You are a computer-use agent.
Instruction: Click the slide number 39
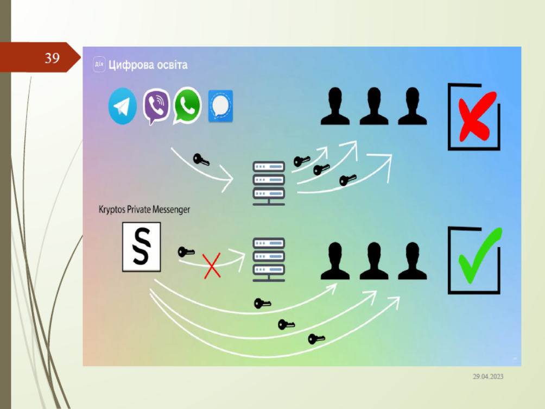coord(52,58)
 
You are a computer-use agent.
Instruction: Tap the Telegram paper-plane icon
coord(123,106)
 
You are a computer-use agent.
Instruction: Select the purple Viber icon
coord(156,106)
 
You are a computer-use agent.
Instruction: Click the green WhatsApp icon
coord(187,105)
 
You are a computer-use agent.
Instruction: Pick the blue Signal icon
coord(220,106)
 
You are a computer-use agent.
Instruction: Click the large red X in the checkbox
coord(476,116)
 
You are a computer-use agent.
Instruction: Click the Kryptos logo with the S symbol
coord(141,249)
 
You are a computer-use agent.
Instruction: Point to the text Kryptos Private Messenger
coord(144,209)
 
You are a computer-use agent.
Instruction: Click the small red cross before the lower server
coord(212,266)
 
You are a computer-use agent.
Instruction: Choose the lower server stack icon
coord(269,259)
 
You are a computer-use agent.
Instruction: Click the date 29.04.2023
coord(487,376)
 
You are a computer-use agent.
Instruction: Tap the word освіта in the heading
coord(169,65)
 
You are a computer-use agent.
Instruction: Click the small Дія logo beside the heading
coord(99,64)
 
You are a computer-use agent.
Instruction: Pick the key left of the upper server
coord(201,160)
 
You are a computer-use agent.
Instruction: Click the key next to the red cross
coord(186,252)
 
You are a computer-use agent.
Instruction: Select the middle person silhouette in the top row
coord(373,106)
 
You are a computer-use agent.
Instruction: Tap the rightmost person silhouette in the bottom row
coord(412,261)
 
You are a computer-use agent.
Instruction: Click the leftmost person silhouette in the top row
coord(335,106)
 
